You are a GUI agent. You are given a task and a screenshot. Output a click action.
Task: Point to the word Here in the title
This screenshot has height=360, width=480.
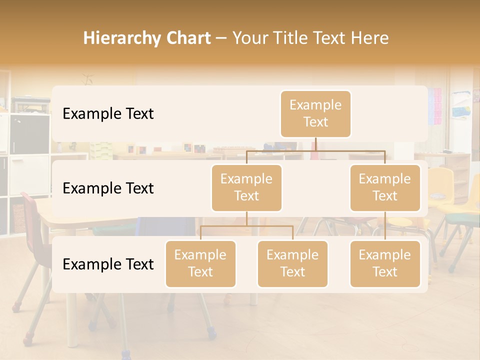pyautogui.click(x=370, y=38)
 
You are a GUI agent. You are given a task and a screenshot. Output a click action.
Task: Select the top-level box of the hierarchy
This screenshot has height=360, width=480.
pyautogui.click(x=315, y=114)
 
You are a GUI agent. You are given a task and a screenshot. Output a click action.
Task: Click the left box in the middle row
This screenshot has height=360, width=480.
pyautogui.click(x=246, y=188)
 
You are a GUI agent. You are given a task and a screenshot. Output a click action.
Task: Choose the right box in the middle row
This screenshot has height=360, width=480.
pyautogui.click(x=384, y=188)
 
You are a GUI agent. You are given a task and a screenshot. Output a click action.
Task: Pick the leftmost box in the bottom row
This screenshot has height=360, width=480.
pyautogui.click(x=200, y=264)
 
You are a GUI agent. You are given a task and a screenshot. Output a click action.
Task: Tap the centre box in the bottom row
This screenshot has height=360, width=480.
pyautogui.click(x=292, y=264)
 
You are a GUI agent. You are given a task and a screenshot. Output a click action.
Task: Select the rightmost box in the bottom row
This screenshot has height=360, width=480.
pyautogui.click(x=384, y=264)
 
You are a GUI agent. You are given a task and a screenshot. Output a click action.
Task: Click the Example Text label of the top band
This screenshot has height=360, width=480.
pyautogui.click(x=108, y=114)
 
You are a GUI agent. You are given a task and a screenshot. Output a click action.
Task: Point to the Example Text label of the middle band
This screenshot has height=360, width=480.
pyautogui.click(x=108, y=188)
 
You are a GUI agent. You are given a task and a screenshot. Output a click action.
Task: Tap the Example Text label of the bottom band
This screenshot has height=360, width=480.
pyautogui.click(x=108, y=264)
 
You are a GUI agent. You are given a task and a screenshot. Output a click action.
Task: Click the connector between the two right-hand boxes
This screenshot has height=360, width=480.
pyautogui.click(x=385, y=226)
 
